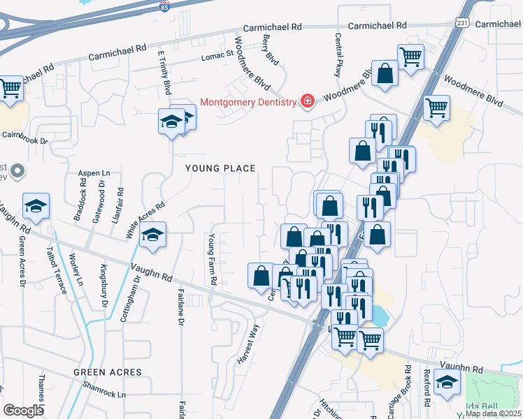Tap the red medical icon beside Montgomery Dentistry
[306, 102]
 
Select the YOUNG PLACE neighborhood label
[220, 168]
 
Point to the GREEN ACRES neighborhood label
[108, 372]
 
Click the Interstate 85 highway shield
[164, 7]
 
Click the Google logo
[23, 411]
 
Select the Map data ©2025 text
[492, 413]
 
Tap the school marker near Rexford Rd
[447, 382]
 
